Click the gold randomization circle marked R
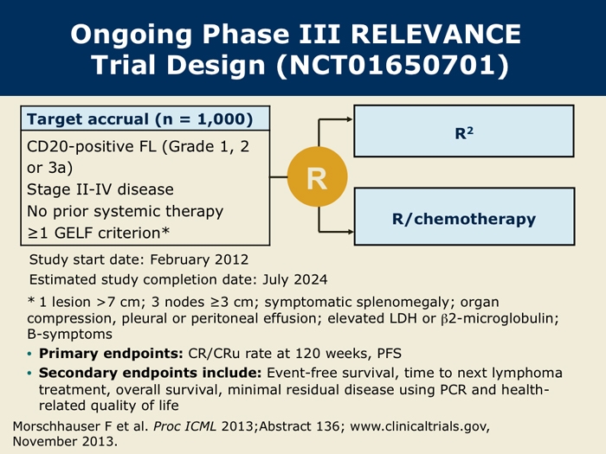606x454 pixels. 318,176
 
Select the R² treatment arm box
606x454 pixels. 464,131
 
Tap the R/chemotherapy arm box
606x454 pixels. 464,216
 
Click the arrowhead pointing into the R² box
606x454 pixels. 350,119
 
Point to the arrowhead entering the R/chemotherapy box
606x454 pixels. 350,232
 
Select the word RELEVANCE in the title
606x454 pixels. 436,34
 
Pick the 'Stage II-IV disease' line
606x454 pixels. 100,189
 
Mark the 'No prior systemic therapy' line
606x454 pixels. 126,212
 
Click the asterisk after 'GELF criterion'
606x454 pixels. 165,231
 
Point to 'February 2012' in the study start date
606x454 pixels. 199,259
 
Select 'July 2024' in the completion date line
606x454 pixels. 295,279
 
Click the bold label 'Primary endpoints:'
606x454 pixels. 111,354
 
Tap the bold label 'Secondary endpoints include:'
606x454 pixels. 151,373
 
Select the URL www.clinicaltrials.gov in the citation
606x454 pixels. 420,426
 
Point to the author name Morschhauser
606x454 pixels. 57,426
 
